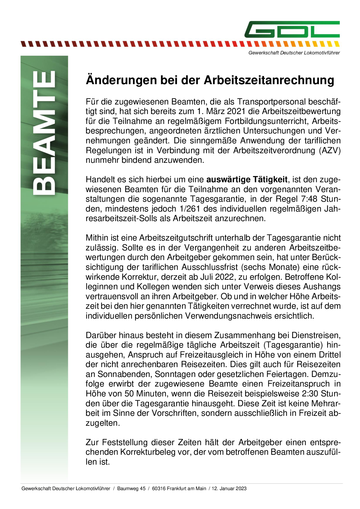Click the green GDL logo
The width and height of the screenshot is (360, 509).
(x=292, y=29)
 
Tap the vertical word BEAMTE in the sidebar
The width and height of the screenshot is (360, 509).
(x=44, y=133)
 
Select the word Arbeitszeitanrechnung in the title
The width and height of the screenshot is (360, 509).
(x=269, y=80)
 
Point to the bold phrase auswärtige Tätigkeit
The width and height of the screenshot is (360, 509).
(x=247, y=180)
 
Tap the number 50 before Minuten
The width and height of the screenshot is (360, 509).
(x=129, y=394)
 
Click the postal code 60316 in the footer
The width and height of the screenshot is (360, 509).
(x=158, y=489)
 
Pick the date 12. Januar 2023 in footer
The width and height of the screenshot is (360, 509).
(x=229, y=489)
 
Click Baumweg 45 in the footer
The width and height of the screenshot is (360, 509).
(x=131, y=489)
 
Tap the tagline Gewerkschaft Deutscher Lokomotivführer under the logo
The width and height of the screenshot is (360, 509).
(x=294, y=53)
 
